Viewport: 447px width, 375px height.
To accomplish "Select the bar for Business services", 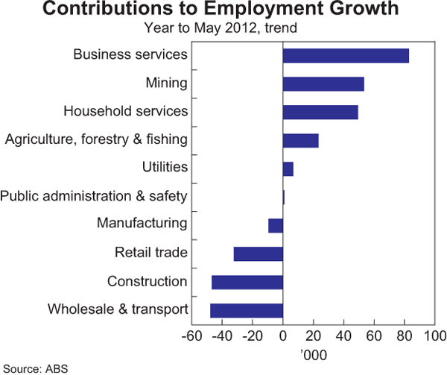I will click(x=346, y=55).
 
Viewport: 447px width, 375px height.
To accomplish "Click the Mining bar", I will click(x=323, y=83).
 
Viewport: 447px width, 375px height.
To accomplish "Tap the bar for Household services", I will click(x=320, y=112).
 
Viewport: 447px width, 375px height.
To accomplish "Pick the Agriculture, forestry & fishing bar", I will click(x=300, y=140).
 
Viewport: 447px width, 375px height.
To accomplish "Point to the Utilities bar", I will click(x=288, y=168).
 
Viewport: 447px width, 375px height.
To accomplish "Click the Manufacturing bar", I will click(x=276, y=225).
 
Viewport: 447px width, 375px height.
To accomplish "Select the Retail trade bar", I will click(x=259, y=253).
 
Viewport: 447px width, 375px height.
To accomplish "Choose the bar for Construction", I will click(x=247, y=282).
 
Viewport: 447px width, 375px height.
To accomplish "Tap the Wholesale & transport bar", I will click(x=247, y=310).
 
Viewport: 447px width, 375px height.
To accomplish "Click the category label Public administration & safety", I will click(x=94, y=196).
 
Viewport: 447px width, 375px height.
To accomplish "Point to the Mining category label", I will click(x=166, y=83).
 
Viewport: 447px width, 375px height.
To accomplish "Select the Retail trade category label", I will click(x=150, y=253).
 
